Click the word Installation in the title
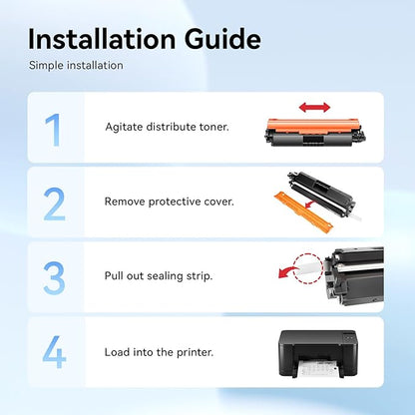click(x=102, y=39)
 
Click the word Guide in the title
click(x=222, y=39)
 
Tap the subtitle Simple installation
click(x=76, y=65)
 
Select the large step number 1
click(x=53, y=130)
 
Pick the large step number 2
click(x=54, y=205)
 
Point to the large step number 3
click(x=54, y=278)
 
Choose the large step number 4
click(x=54, y=352)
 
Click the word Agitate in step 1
click(x=125, y=128)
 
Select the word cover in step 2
click(x=219, y=202)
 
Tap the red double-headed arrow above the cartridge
click(x=314, y=108)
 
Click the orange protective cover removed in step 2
click(x=303, y=213)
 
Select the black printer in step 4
click(x=318, y=354)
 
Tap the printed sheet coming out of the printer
click(x=318, y=369)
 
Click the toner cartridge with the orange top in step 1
click(x=314, y=133)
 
